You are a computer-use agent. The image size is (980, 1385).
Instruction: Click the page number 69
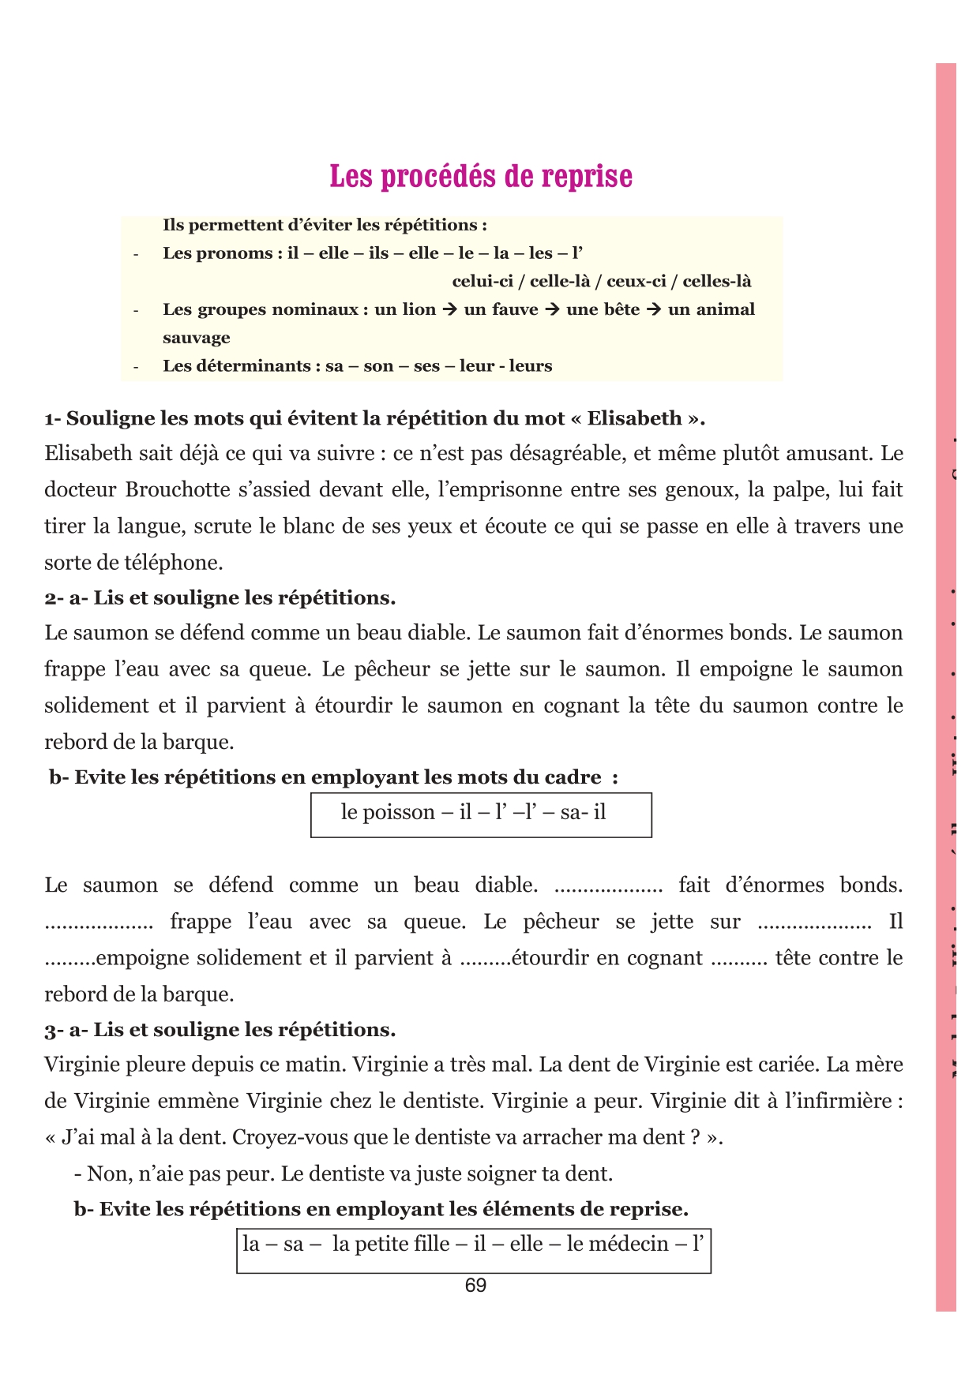(475, 1286)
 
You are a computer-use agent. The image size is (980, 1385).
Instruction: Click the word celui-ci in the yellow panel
(482, 282)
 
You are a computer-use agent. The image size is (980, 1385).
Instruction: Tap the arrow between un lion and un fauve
(450, 309)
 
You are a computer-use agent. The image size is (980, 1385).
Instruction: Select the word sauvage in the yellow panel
(197, 338)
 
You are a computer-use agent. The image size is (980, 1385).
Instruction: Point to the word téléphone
(174, 563)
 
